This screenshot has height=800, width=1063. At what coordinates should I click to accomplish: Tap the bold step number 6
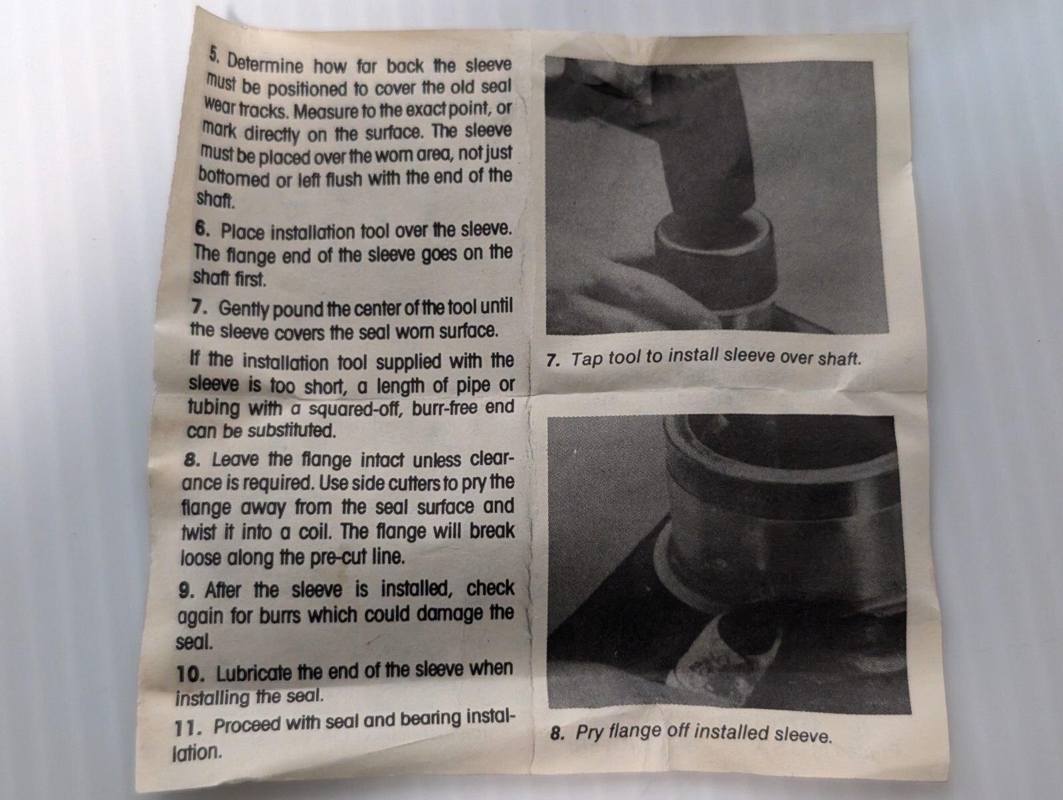pos(203,229)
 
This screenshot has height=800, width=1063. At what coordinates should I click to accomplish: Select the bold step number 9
pos(187,591)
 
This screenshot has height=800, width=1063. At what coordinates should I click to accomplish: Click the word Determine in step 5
pos(265,63)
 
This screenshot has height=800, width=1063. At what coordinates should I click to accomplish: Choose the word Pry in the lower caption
pos(589,733)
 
